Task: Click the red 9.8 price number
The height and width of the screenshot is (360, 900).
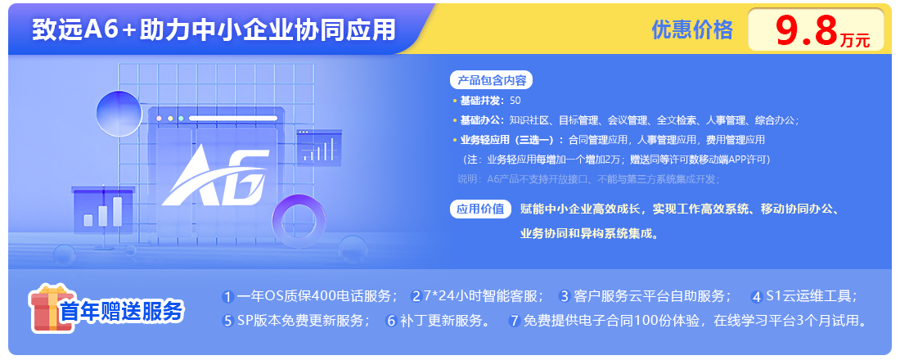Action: [807, 30]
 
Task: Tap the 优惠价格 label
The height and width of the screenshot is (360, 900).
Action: [692, 29]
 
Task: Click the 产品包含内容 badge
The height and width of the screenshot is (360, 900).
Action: [492, 80]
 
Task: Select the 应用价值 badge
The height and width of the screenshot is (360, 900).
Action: [479, 209]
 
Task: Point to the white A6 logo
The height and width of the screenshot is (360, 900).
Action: [215, 176]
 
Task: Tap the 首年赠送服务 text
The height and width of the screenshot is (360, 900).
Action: [122, 311]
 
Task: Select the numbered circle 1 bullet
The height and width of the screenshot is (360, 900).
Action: [228, 297]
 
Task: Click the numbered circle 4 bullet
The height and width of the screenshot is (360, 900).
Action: [757, 297]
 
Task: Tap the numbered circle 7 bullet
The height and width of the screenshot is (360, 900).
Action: [515, 321]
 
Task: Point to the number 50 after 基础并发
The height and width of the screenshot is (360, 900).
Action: [515, 101]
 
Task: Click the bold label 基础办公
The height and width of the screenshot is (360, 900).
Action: [480, 120]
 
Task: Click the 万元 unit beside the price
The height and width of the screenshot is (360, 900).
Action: [855, 40]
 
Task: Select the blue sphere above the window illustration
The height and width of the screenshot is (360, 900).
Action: [119, 114]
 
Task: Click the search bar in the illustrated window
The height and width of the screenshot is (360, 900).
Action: [233, 119]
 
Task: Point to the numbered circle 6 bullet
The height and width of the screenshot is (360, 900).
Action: [392, 321]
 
